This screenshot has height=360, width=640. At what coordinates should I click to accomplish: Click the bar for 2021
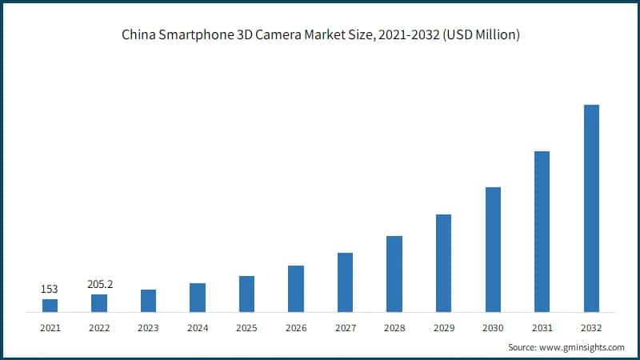[x=50, y=305]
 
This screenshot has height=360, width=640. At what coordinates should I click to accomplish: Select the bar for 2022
[x=99, y=302]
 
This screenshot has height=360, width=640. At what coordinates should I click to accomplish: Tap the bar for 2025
[x=246, y=294]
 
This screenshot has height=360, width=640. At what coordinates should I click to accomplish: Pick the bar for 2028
[x=394, y=274]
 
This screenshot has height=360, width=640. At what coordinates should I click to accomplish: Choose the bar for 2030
[x=493, y=249]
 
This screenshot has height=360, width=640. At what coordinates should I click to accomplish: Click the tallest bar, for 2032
[x=591, y=208]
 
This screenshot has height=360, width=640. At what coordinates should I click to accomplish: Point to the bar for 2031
[x=542, y=231]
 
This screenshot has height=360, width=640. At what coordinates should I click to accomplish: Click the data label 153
[x=50, y=289]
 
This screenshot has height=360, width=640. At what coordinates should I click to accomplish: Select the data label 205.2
[x=99, y=284]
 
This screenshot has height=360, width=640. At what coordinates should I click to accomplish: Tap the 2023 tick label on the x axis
[x=148, y=328]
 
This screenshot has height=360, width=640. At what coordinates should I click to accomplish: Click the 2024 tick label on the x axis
[x=198, y=328]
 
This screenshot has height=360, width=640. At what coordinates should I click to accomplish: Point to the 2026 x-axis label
[x=296, y=328]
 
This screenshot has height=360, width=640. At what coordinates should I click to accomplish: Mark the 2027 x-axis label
[x=345, y=328]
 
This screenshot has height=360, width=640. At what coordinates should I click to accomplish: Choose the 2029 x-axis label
[x=443, y=328]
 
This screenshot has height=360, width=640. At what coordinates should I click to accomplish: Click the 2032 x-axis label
[x=591, y=328]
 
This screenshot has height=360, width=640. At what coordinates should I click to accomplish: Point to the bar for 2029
[x=443, y=262]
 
